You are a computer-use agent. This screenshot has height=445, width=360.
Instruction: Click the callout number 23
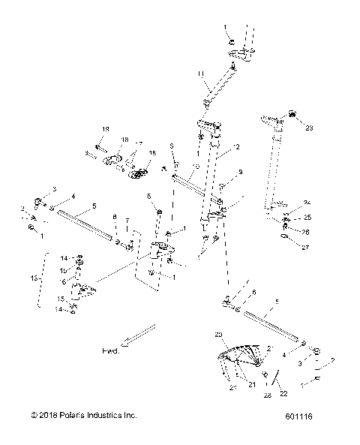tap(309, 128)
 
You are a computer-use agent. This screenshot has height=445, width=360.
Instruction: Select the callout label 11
tap(199, 74)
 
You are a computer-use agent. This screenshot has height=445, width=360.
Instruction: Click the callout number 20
tap(218, 334)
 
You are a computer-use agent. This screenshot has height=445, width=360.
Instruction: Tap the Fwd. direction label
tap(110, 350)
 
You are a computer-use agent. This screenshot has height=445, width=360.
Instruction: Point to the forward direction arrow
tap(139, 335)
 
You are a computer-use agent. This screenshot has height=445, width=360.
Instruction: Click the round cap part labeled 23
tap(292, 115)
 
